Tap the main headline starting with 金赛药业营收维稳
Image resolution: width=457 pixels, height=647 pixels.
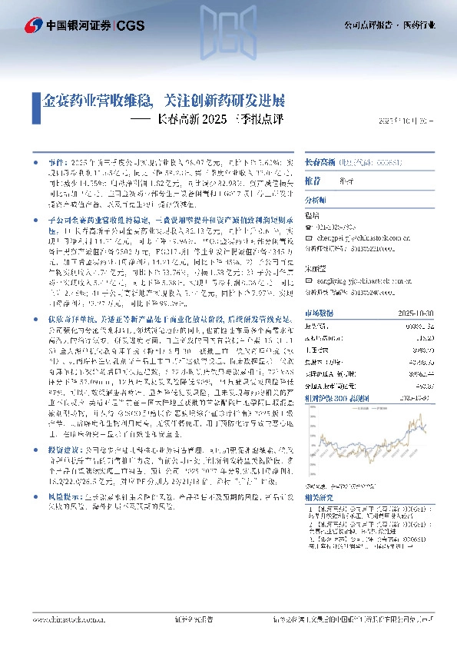163,101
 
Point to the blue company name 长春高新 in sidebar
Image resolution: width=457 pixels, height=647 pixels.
316,163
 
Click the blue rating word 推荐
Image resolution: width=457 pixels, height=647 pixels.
313,181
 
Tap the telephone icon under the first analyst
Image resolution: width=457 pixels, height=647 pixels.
308,227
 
